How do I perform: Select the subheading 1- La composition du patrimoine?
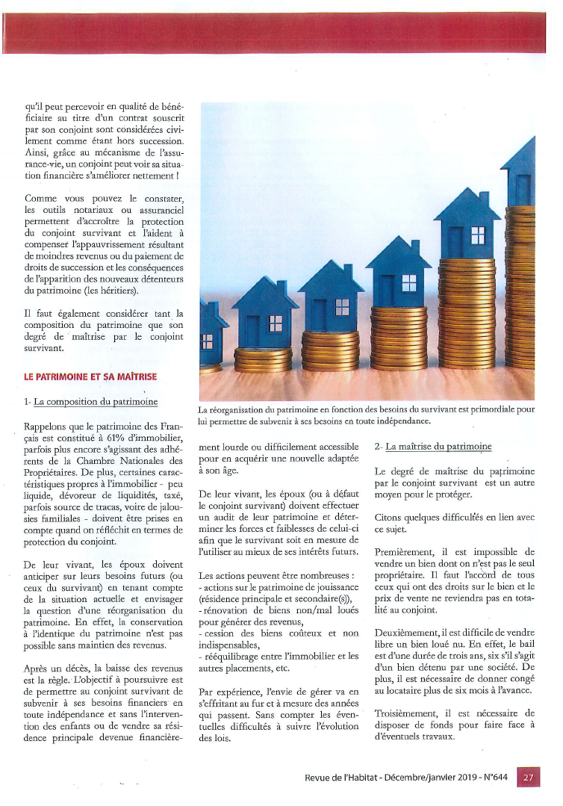91,402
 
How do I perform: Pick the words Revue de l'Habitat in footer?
340,777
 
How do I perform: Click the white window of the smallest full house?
276,323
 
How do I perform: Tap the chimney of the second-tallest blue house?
483,199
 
